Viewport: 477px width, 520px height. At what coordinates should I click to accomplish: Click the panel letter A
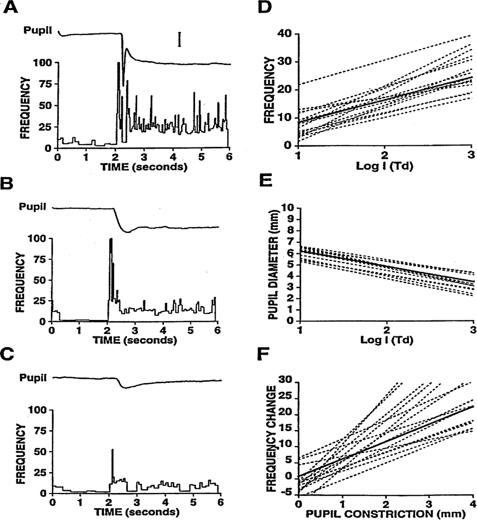tap(11, 8)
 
